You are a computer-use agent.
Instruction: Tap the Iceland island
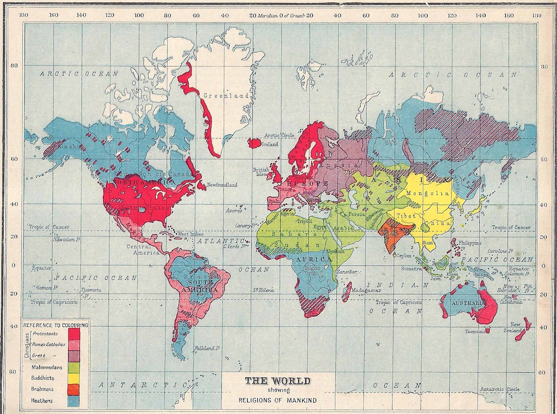coord(255,142)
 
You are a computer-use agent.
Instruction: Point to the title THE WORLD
coord(277,381)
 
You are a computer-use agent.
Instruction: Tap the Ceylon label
coord(404,255)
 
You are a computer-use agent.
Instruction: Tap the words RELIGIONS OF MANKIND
coord(277,400)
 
